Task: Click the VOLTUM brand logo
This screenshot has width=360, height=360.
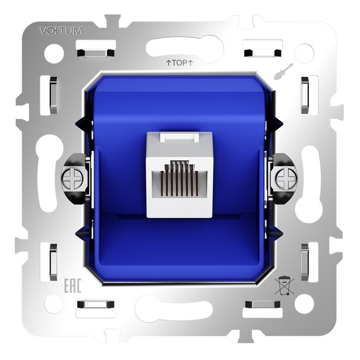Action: click(61, 30)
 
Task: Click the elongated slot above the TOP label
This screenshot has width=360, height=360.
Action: click(184, 46)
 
